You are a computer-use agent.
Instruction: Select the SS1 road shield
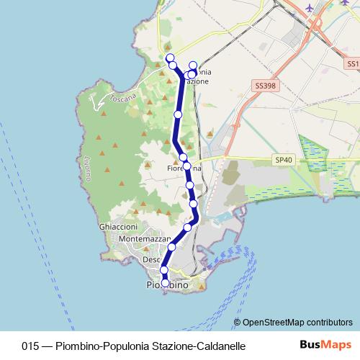[352, 64]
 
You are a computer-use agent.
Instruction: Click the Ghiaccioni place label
[119, 226]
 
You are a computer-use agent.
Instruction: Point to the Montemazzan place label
[144, 238]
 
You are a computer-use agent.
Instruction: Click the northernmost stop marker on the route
[170, 58]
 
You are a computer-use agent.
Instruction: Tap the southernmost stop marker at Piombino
[165, 283]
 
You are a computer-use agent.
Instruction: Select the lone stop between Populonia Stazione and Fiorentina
[178, 114]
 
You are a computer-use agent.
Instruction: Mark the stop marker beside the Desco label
[171, 248]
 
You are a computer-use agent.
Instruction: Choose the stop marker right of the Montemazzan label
[188, 228]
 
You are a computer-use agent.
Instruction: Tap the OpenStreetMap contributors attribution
[297, 323]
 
